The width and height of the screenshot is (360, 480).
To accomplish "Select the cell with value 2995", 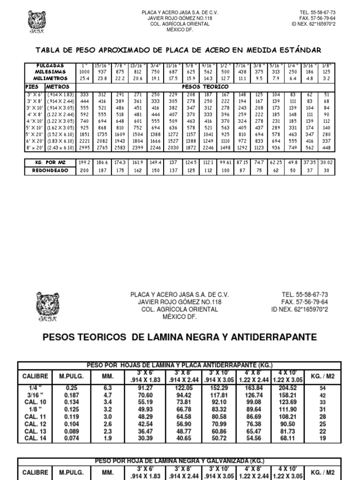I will (x=85, y=148).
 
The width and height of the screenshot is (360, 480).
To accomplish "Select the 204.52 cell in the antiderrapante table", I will (x=287, y=388).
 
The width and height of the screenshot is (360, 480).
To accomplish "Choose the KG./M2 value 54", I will (x=322, y=389).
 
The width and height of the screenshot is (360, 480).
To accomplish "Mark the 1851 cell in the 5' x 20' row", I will (x=85, y=134).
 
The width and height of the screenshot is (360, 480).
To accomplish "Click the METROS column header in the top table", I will (x=58, y=87).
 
